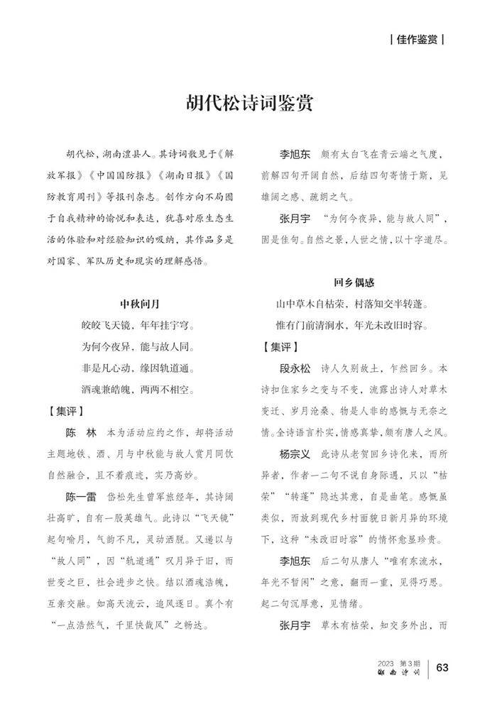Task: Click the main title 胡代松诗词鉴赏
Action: pyautogui.click(x=248, y=102)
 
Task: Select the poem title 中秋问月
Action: pyautogui.click(x=140, y=304)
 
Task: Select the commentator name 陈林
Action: pyautogui.click(x=80, y=432)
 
